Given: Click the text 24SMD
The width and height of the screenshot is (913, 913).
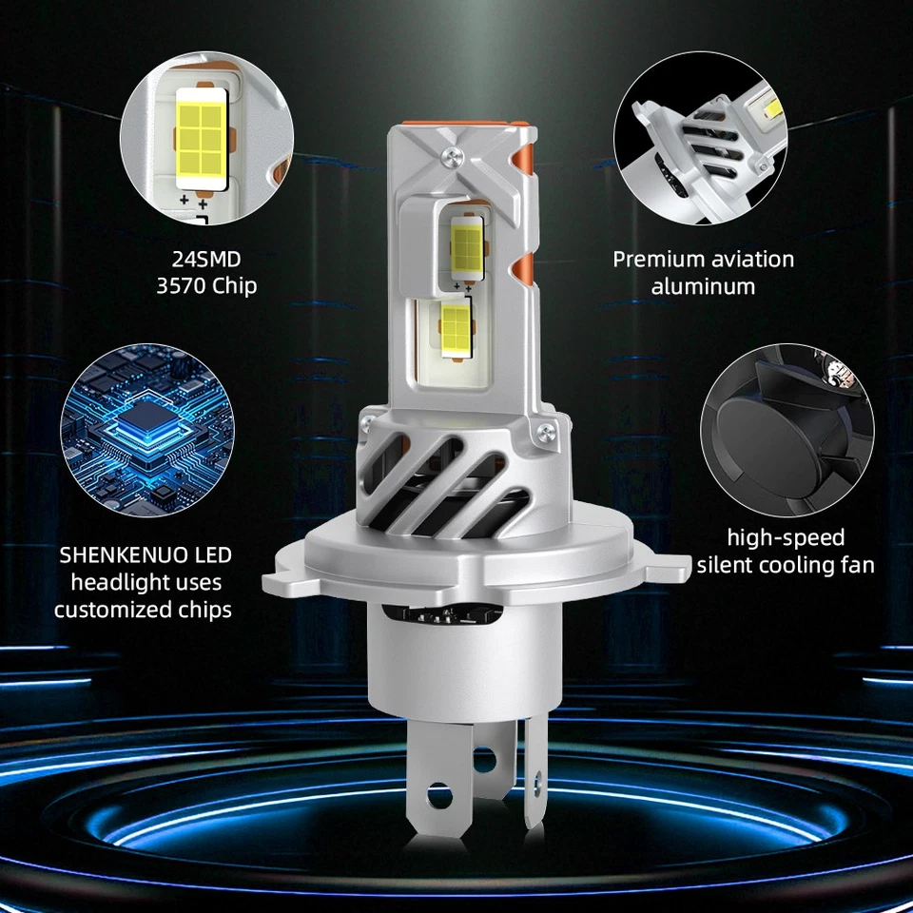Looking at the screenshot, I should point(205,257).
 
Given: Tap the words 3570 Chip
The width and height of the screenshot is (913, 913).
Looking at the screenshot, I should point(205,285).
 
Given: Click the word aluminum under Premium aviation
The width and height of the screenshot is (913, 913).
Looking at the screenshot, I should point(704,285).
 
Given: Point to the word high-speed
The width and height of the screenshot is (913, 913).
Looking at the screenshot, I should point(786,537).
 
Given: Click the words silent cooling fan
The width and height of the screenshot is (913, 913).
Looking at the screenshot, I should point(786,565).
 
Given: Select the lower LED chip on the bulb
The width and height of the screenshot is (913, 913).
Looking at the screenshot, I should point(454,322).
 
